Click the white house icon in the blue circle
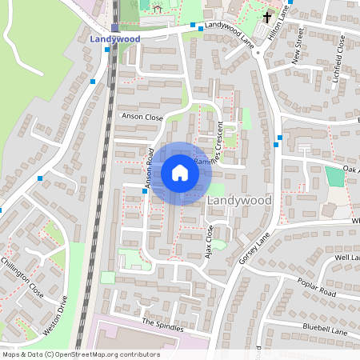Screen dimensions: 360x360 click(180, 173)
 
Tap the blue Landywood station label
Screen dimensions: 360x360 click(116, 38)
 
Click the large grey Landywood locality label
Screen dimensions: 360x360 click(239, 200)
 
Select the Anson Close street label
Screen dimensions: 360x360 click(141, 116)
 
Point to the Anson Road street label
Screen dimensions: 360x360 click(149, 170)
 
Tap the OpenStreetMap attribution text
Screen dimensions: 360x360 click(81, 354)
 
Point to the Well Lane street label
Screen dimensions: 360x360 click(346, 258)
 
